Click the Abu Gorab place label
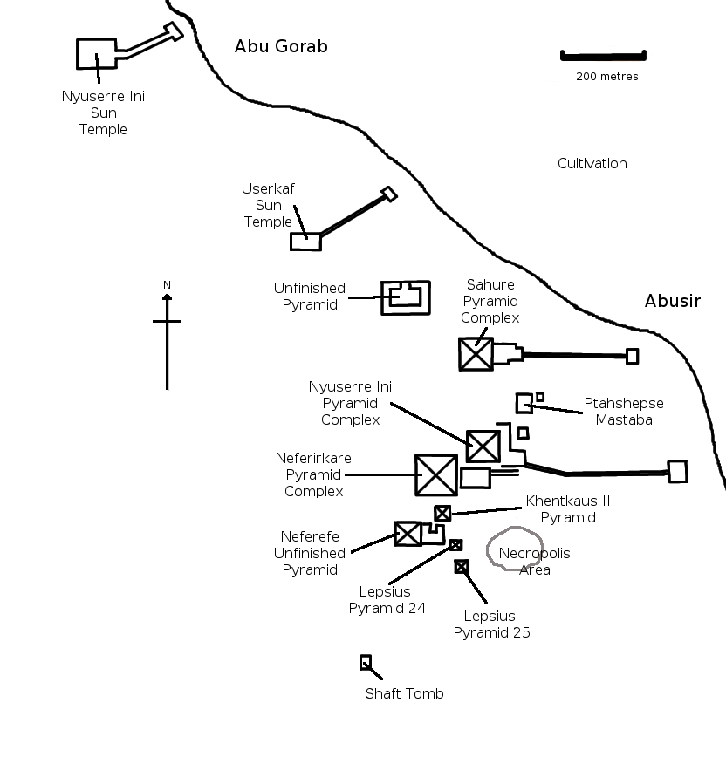[x=281, y=47]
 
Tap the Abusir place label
[x=672, y=302]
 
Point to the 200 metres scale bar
[x=602, y=57]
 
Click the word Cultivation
[x=592, y=164]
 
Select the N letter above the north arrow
[x=167, y=285]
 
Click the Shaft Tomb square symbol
[x=366, y=662]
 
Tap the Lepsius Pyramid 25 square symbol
[x=462, y=567]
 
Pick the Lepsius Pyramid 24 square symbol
[x=455, y=545]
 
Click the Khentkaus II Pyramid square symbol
[x=442, y=514]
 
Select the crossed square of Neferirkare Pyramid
[x=436, y=475]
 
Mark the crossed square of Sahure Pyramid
[x=476, y=354]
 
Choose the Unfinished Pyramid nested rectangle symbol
[x=406, y=297]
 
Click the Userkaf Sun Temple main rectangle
[x=305, y=242]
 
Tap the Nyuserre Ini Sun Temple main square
[x=96, y=53]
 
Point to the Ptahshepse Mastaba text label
[x=623, y=412]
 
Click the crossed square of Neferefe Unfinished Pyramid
[x=408, y=534]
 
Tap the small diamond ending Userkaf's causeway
[x=389, y=194]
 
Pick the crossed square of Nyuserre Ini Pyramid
[x=483, y=446]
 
